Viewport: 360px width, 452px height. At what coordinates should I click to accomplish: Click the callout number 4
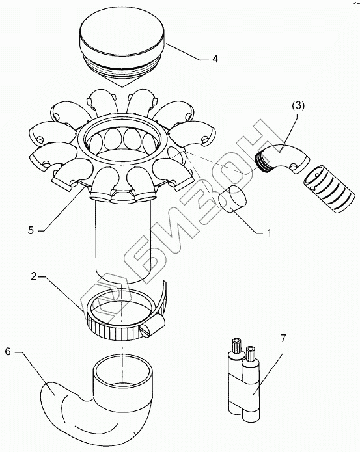(x=215, y=59)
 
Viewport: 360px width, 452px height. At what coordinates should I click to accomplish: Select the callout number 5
(x=31, y=230)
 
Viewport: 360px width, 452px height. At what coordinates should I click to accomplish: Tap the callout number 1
(x=269, y=232)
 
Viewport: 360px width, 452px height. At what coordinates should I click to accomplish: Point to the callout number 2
(x=34, y=276)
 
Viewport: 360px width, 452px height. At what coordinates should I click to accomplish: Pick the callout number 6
(x=8, y=352)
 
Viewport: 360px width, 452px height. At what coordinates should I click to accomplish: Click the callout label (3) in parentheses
(x=298, y=106)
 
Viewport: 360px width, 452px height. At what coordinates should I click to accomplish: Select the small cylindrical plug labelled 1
(x=232, y=199)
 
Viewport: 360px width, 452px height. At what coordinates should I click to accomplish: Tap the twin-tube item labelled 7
(x=244, y=380)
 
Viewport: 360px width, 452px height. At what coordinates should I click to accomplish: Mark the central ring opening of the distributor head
(x=122, y=133)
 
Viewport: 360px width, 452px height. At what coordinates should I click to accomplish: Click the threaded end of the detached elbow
(x=262, y=161)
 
